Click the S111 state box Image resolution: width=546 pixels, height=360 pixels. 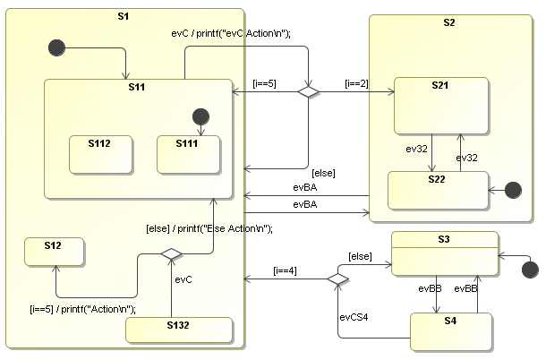(188, 154)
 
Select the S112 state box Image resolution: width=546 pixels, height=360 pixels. (101, 154)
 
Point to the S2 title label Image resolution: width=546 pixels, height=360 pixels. (448, 21)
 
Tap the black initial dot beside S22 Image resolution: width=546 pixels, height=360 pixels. (512, 190)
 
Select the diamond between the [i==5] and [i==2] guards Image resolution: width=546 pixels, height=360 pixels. (308, 91)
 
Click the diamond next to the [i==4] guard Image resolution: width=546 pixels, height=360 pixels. (337, 279)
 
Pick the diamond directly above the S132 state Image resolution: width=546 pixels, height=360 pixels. (171, 254)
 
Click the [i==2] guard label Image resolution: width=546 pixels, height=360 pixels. (357, 83)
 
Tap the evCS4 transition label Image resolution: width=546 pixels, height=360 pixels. (356, 317)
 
